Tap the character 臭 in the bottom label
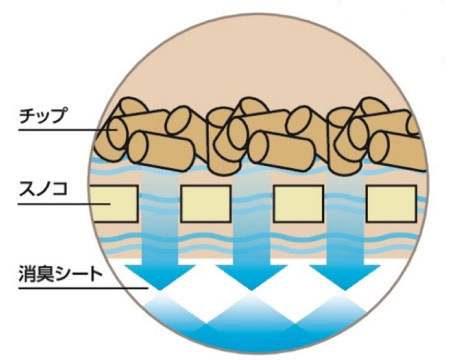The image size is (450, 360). pos(45,271)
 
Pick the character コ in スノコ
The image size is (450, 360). pos(61,186)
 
